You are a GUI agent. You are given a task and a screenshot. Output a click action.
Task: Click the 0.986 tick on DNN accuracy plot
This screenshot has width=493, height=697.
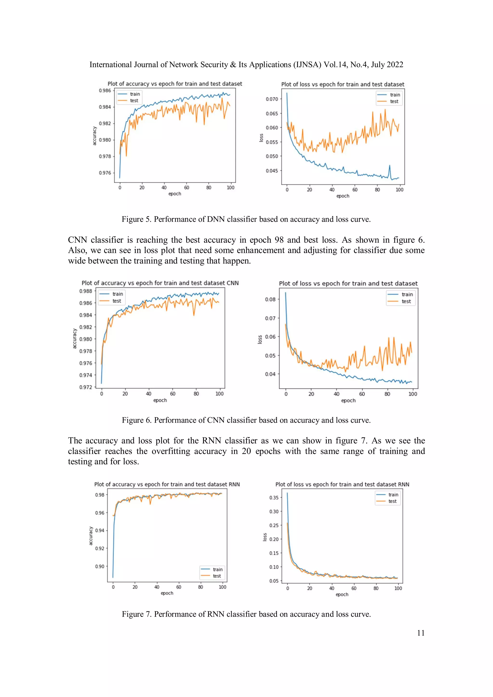(105, 90)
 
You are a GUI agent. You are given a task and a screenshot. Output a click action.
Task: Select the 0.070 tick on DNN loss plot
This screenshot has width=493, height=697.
(272, 99)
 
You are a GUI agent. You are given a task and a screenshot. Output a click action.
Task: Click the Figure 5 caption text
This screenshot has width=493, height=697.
(246, 219)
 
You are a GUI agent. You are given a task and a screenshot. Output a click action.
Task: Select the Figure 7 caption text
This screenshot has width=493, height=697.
(246, 614)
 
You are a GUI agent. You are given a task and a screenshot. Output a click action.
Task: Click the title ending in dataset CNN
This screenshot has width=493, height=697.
(160, 283)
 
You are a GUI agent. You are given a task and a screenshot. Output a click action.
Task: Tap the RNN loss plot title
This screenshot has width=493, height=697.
(342, 485)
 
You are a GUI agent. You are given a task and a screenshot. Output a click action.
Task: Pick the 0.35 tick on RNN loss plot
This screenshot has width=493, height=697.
(274, 498)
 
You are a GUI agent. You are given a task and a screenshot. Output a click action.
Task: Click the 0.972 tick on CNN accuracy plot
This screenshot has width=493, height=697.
(85, 387)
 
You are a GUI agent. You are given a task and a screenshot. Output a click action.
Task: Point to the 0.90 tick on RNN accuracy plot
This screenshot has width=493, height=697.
(100, 566)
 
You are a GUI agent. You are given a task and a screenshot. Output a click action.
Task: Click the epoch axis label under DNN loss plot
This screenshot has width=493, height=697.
(343, 196)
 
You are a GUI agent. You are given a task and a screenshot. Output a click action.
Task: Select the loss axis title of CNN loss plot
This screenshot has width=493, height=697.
(260, 339)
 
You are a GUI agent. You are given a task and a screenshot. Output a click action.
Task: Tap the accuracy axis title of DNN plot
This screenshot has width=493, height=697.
(94, 136)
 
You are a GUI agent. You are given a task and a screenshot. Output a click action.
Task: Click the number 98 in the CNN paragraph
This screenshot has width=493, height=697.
(279, 240)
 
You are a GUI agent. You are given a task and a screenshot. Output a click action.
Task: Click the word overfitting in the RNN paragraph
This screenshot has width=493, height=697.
(171, 451)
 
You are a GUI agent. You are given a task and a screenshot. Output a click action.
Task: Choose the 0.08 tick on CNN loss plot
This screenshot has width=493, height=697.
(270, 299)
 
